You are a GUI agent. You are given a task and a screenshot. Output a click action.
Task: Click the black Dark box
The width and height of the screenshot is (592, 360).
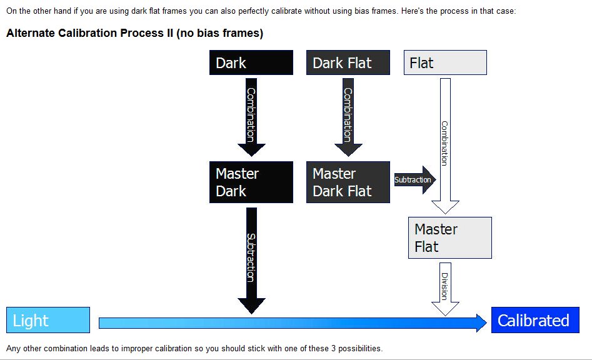[x=251, y=63]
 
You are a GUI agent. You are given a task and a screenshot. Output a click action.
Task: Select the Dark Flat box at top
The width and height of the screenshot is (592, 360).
[x=348, y=63]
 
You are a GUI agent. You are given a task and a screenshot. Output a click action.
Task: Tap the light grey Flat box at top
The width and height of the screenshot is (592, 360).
[x=445, y=63]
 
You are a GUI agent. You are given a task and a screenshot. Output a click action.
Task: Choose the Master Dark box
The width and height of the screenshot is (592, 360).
[x=251, y=182]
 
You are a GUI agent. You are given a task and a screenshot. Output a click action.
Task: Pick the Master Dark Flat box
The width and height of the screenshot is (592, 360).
[x=348, y=182]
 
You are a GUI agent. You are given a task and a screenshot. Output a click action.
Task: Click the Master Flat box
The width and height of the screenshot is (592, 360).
[x=450, y=237]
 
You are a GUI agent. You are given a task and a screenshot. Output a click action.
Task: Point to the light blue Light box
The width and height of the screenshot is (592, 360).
[x=48, y=321]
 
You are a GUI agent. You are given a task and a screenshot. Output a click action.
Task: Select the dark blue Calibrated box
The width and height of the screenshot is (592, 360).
[x=535, y=321]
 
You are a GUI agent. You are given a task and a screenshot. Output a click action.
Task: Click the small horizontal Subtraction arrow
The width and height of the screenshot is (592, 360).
[x=414, y=180]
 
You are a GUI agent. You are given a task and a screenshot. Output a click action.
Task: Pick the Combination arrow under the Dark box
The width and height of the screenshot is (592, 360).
[x=251, y=116]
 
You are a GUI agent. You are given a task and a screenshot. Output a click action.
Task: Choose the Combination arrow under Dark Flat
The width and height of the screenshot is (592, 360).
[x=348, y=116]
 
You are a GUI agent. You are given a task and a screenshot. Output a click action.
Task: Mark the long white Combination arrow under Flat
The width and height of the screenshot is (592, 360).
[x=445, y=144]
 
